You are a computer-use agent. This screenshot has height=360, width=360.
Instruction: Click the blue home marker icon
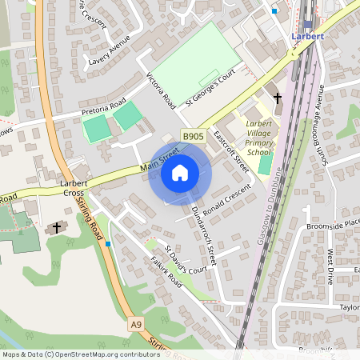pos(180,173)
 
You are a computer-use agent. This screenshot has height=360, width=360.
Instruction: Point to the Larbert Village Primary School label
pos(258,138)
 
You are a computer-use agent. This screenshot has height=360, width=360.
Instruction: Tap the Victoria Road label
pos(160,89)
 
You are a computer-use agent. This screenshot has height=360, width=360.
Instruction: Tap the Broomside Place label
pos(334,226)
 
